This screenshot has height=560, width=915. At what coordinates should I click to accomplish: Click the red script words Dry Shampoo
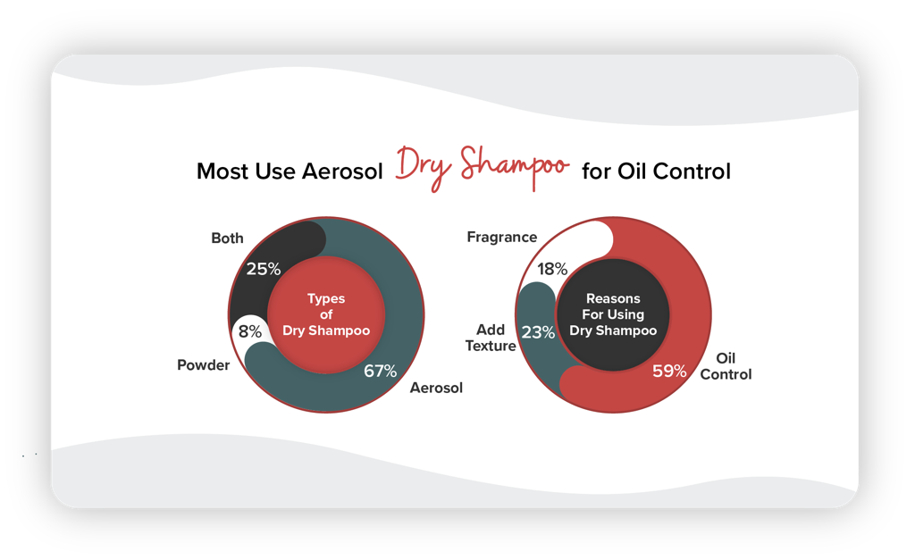(x=482, y=167)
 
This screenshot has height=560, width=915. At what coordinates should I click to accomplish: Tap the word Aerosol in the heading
(x=342, y=171)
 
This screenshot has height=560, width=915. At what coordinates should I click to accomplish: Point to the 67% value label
(x=380, y=371)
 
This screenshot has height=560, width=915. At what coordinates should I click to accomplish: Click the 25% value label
(x=264, y=269)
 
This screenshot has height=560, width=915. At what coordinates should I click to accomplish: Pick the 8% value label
(x=250, y=332)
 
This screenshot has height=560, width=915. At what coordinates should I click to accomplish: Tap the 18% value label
(x=552, y=269)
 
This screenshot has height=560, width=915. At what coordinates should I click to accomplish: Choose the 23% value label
(x=538, y=332)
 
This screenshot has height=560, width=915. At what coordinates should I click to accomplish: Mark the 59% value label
(x=669, y=371)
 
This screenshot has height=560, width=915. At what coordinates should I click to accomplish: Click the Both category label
(x=227, y=238)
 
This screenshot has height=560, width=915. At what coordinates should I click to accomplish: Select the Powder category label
(x=203, y=365)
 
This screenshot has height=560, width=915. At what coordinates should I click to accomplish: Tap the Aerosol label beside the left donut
(x=436, y=388)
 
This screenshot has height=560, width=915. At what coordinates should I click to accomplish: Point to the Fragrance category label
(x=502, y=237)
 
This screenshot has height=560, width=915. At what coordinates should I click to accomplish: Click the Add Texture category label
(x=491, y=338)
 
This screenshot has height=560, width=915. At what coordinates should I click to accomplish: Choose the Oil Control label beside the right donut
(x=726, y=366)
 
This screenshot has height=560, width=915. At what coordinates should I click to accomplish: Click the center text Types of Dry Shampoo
(x=326, y=314)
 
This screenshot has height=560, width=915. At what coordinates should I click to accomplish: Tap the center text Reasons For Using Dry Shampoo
(x=613, y=314)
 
